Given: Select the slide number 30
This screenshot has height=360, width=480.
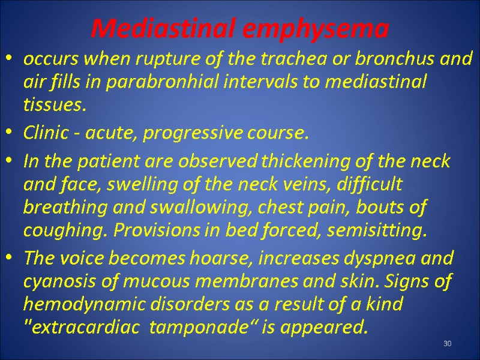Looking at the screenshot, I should [447, 343].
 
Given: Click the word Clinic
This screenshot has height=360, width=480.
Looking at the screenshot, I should [45, 134].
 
